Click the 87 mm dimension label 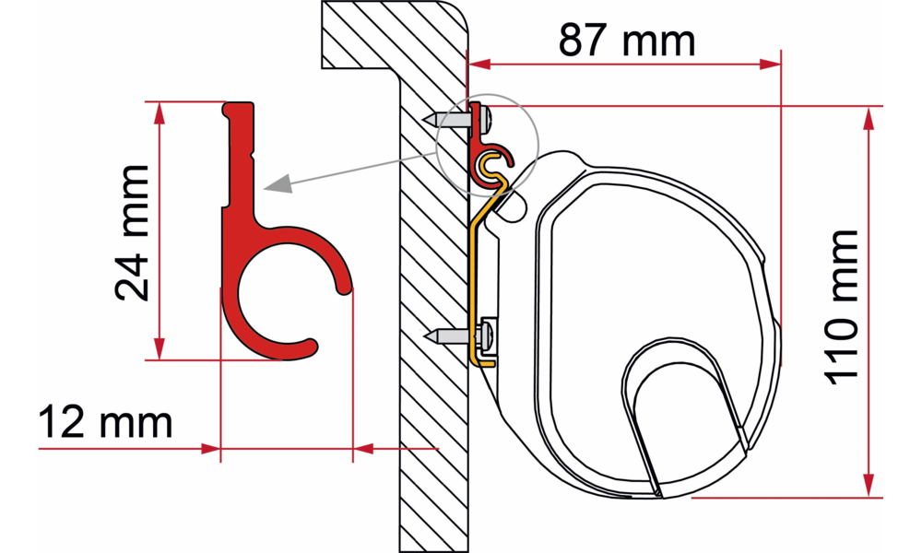(627, 40)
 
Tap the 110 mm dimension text (843, 307)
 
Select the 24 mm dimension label (132, 232)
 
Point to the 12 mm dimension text (106, 421)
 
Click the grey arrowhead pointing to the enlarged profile (278, 184)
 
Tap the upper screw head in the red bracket (486, 119)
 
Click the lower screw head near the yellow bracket (486, 336)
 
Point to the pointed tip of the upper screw (424, 119)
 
